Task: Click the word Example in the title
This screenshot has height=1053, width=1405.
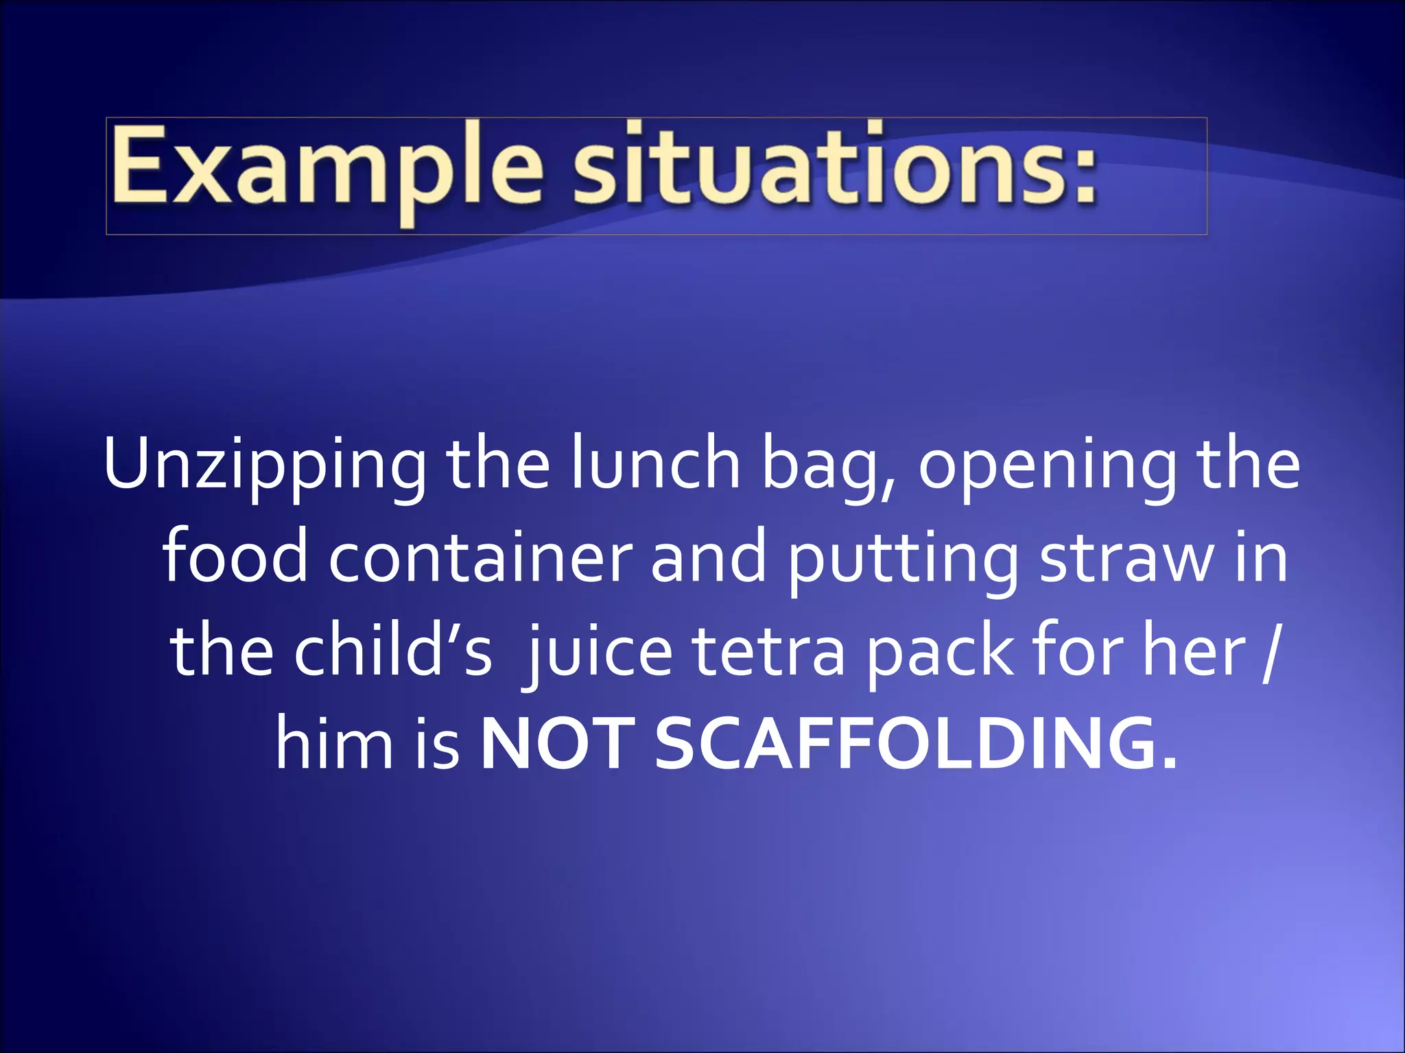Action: (327, 168)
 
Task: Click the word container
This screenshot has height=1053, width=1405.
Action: (480, 558)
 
